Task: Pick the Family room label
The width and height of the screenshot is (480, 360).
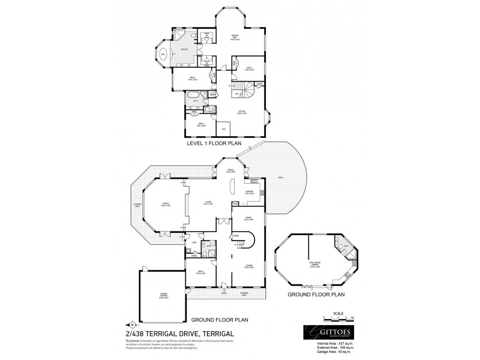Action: point(165,204)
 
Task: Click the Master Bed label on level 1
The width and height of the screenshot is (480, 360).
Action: point(235,37)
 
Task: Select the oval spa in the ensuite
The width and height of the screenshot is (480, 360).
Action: point(163,54)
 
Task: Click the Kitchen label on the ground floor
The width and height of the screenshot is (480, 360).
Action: point(250,193)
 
